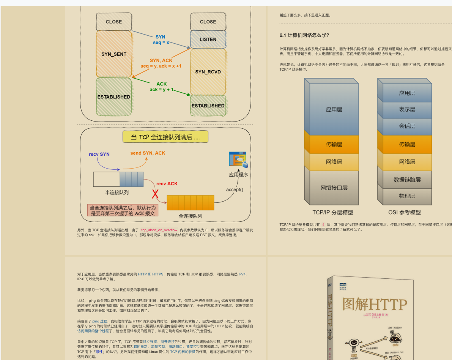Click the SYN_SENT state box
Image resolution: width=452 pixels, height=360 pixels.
pyautogui.click(x=114, y=54)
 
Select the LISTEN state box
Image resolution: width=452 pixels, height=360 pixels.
pyautogui.click(x=208, y=39)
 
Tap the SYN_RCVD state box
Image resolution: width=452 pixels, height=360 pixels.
pyautogui.click(x=208, y=72)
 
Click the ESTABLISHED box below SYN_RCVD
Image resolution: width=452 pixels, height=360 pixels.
pyautogui.click(x=208, y=106)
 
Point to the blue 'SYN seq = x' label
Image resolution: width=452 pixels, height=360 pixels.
pyautogui.click(x=161, y=39)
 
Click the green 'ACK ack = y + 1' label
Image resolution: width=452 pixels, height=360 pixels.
pyautogui.click(x=161, y=87)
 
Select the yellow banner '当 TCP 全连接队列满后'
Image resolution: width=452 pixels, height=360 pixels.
pyautogui.click(x=165, y=137)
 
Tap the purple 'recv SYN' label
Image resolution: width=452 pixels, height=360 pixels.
pyautogui.click(x=99, y=154)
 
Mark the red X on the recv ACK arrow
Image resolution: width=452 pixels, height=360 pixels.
pyautogui.click(x=155, y=194)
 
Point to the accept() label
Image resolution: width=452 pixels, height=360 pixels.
pyautogui.click(x=235, y=189)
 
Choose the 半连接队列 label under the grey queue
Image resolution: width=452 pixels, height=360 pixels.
pyautogui.click(x=117, y=193)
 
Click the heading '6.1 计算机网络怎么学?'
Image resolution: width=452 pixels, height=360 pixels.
pyautogui.click(x=304, y=35)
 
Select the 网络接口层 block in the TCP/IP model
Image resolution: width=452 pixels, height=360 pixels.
pyautogui.click(x=334, y=188)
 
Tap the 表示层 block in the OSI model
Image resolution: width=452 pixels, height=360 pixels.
pyautogui.click(x=407, y=109)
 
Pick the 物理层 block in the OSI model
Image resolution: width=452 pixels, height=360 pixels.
pyautogui.click(x=407, y=196)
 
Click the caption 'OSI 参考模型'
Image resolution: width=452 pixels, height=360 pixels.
pyautogui.click(x=405, y=213)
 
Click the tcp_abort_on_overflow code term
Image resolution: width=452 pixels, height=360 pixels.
pyautogui.click(x=159, y=230)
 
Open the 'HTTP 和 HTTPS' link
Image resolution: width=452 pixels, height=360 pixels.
pyautogui.click(x=151, y=274)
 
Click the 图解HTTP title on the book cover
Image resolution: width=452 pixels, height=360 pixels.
pyautogui.click(x=375, y=305)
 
